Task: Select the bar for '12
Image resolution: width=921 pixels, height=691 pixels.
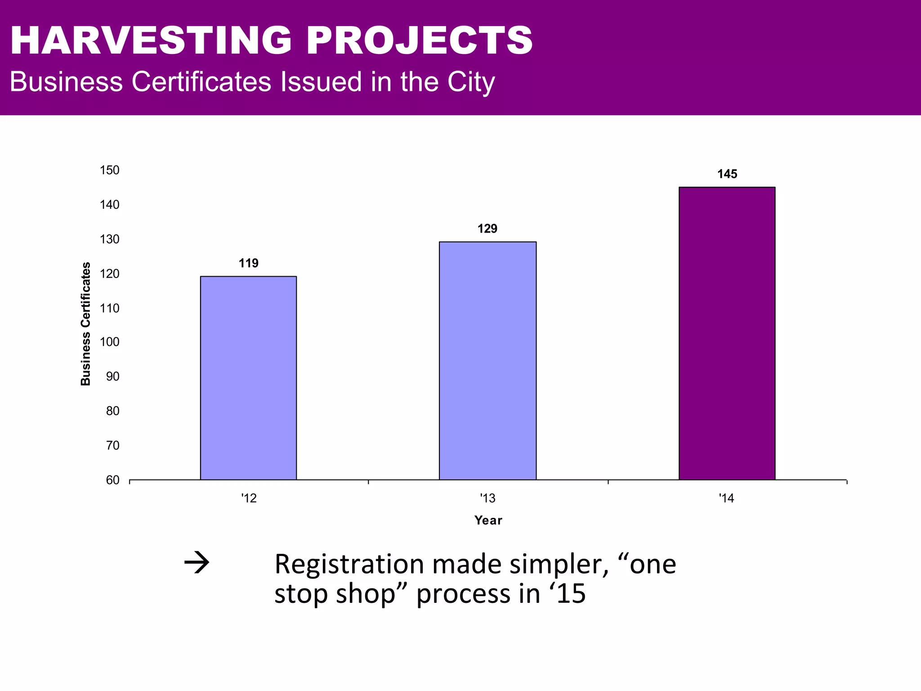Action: pyautogui.click(x=248, y=378)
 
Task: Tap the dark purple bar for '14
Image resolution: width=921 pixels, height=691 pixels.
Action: pyautogui.click(x=727, y=333)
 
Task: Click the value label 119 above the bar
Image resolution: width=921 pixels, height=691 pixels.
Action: pyautogui.click(x=248, y=263)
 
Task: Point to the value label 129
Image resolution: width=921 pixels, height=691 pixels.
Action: pyautogui.click(x=487, y=229)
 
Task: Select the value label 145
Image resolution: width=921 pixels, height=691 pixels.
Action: pyautogui.click(x=727, y=174)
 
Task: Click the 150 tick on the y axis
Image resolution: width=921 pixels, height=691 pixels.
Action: pyautogui.click(x=110, y=170)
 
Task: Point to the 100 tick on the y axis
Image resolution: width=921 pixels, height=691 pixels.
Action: pyautogui.click(x=110, y=342)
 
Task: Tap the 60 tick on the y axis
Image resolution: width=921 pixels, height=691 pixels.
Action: pyautogui.click(x=113, y=480)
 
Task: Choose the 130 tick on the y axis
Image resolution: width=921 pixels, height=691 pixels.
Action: pyautogui.click(x=110, y=239)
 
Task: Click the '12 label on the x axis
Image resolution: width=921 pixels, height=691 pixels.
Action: pyautogui.click(x=249, y=498)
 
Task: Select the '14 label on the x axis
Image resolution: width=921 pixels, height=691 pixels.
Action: pyautogui.click(x=726, y=498)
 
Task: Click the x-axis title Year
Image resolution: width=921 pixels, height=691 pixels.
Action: pyautogui.click(x=488, y=520)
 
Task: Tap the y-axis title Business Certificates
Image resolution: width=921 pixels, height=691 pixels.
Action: pyautogui.click(x=85, y=324)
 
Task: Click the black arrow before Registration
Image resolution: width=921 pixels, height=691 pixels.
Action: pyautogui.click(x=197, y=563)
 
